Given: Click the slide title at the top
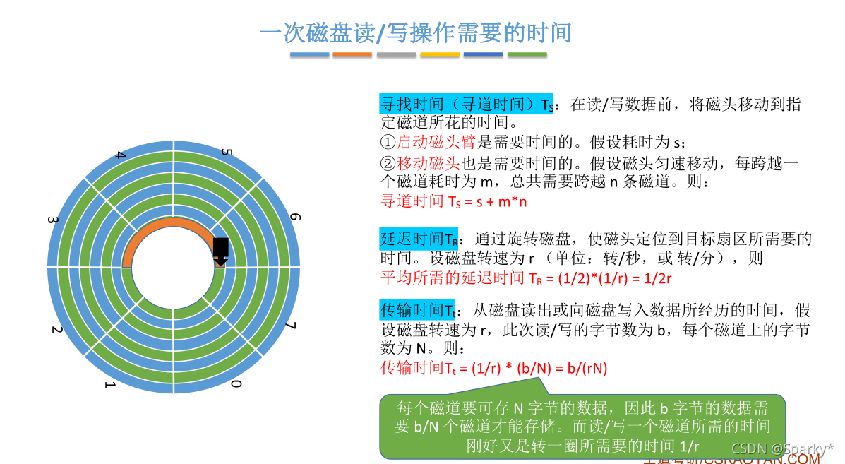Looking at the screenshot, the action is pyautogui.click(x=415, y=32).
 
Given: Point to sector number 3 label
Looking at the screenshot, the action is pyautogui.click(x=52, y=220).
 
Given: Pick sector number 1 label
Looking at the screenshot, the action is pyautogui.click(x=109, y=385).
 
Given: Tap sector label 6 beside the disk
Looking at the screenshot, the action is pyautogui.click(x=294, y=217).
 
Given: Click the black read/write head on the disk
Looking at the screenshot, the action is pyautogui.click(x=221, y=249).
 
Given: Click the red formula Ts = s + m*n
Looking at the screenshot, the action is pyautogui.click(x=454, y=201).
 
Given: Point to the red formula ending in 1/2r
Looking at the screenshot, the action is pyautogui.click(x=525, y=278).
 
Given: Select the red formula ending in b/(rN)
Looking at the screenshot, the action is pyautogui.click(x=493, y=368).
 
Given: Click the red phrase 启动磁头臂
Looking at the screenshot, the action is pyautogui.click(x=438, y=141).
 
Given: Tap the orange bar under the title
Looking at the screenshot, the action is pyautogui.click(x=352, y=54).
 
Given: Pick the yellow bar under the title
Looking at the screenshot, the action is pyautogui.click(x=439, y=54).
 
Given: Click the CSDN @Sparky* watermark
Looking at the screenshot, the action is pyautogui.click(x=781, y=448).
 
